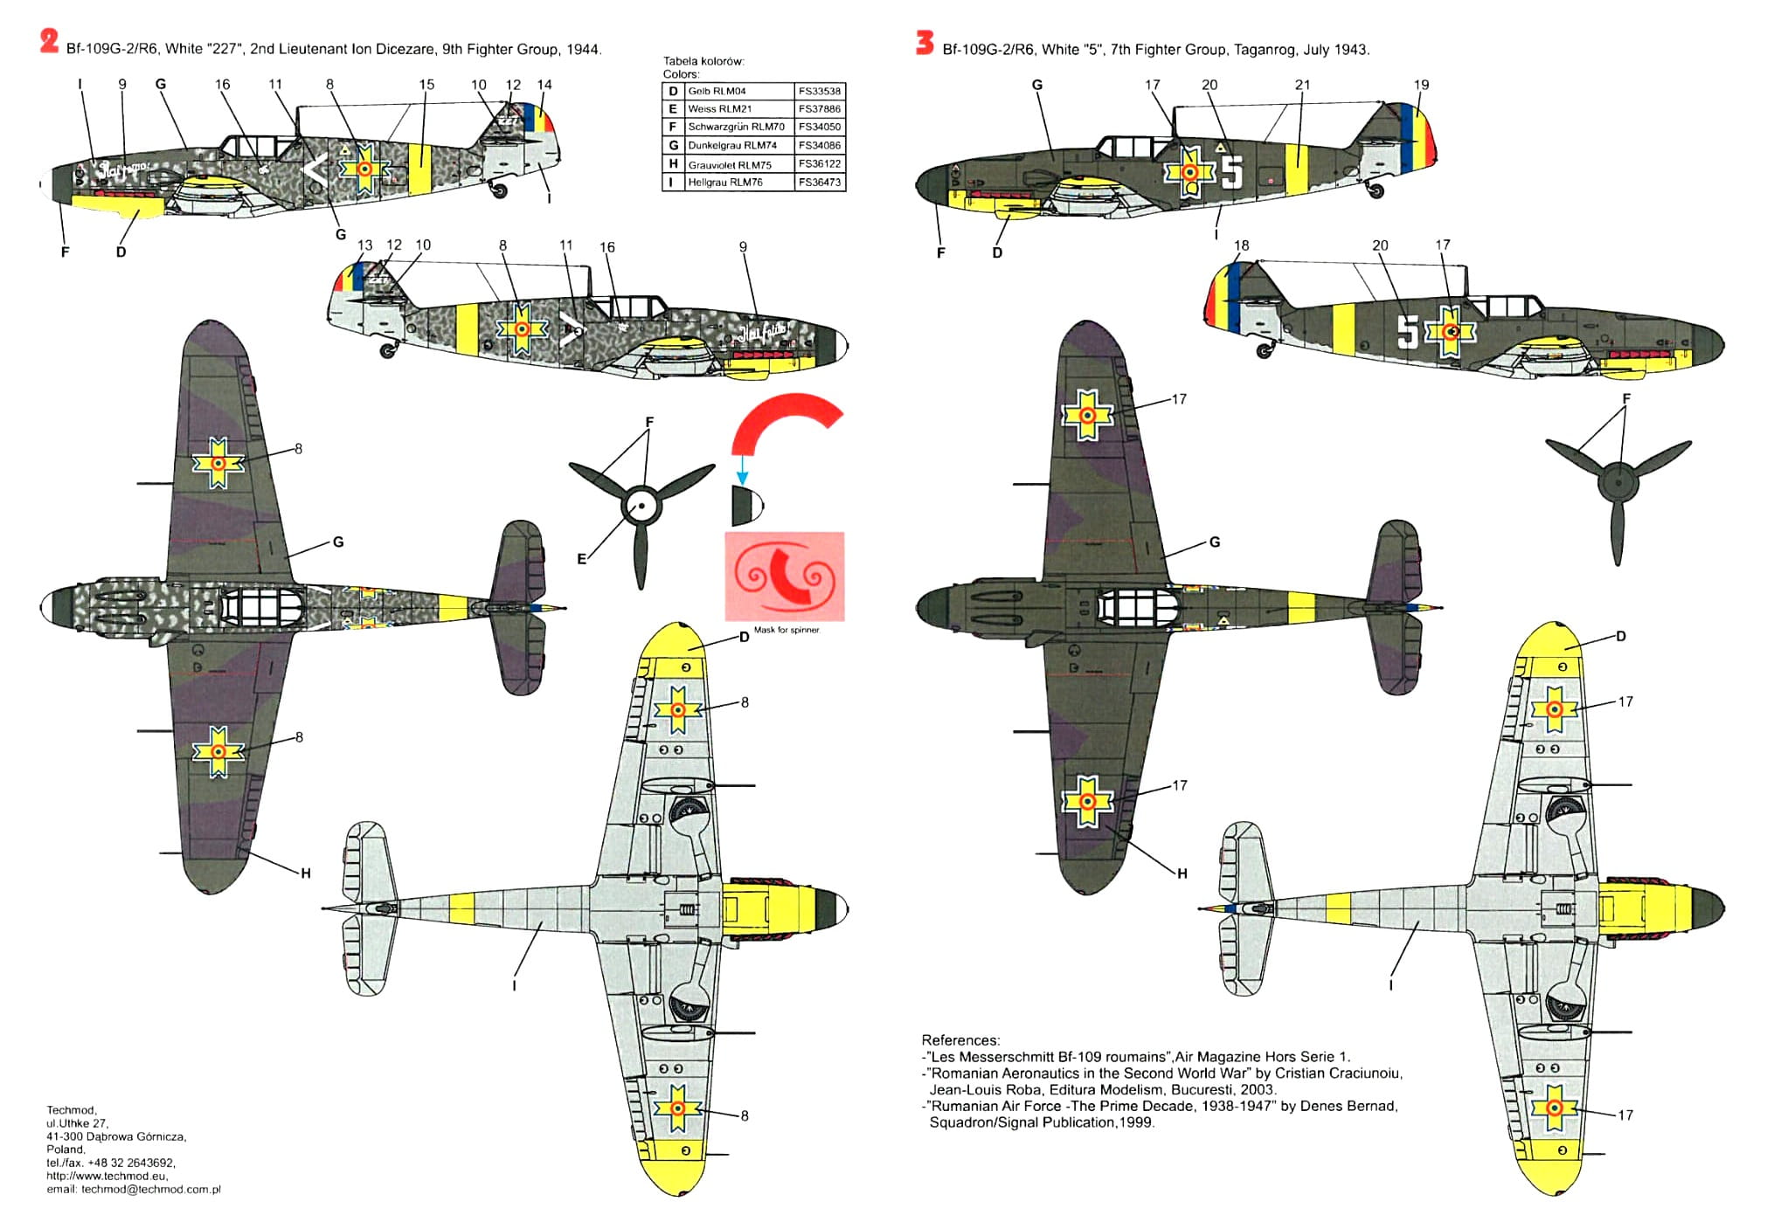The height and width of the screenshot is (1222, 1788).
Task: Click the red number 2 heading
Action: click(49, 41)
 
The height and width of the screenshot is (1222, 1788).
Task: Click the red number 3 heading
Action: click(925, 42)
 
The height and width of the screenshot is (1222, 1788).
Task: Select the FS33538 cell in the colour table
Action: click(819, 91)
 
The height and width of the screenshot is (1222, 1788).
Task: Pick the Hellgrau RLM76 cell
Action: click(724, 183)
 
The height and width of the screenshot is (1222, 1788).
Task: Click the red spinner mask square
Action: click(784, 576)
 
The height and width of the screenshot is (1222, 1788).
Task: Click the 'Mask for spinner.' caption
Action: click(787, 630)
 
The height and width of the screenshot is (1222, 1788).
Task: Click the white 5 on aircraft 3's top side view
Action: click(1231, 172)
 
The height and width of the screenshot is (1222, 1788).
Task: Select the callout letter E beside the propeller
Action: click(582, 559)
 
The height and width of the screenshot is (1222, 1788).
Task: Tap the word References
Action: click(960, 1040)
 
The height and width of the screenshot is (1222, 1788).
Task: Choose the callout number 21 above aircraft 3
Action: click(1302, 85)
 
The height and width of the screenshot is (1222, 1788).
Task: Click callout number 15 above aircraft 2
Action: click(426, 85)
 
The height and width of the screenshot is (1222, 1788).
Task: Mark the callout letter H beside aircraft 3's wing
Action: click(1182, 873)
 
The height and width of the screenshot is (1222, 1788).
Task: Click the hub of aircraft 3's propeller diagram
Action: click(1618, 482)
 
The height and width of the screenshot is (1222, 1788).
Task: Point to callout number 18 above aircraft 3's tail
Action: click(1242, 245)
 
